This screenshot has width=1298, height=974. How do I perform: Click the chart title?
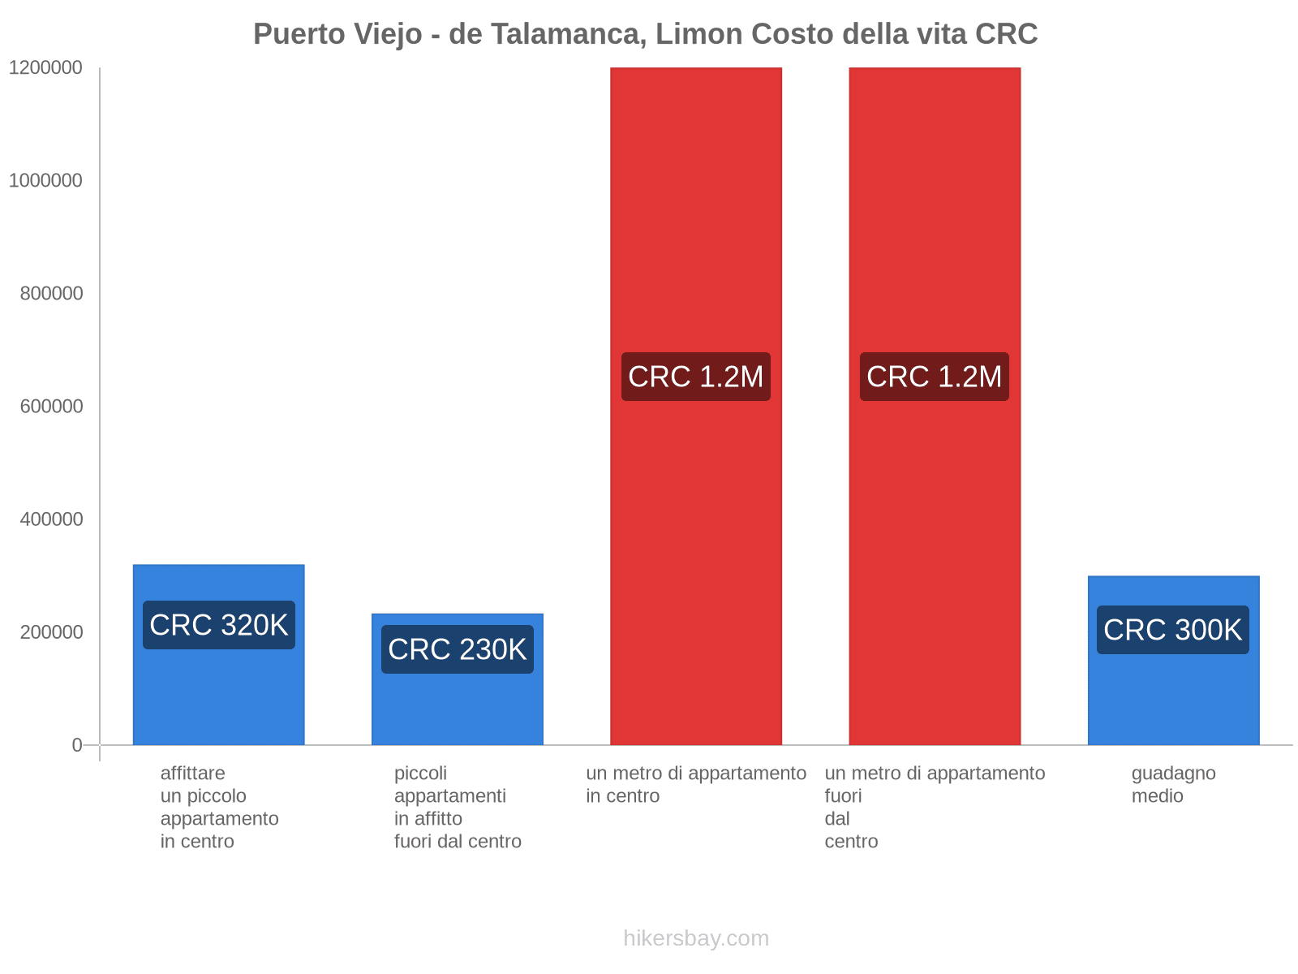(x=645, y=34)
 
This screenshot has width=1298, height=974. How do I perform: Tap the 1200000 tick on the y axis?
(x=45, y=68)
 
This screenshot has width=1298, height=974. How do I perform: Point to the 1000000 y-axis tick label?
(x=45, y=181)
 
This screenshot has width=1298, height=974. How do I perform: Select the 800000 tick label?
(x=51, y=294)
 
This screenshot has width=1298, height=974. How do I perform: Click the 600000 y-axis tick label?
(x=51, y=407)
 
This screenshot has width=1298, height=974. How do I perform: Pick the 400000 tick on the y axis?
(x=51, y=519)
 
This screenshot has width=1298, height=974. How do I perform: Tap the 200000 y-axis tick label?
(x=51, y=632)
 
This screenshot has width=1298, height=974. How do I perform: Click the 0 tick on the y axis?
(x=77, y=745)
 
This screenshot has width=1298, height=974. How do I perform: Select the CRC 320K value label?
(x=219, y=625)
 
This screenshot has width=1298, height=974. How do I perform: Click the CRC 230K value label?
(x=458, y=649)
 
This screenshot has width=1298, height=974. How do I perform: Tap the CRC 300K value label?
(x=1173, y=630)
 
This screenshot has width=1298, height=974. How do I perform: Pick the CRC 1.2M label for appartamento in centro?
(x=696, y=377)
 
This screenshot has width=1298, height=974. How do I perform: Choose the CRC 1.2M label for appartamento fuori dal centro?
(x=935, y=377)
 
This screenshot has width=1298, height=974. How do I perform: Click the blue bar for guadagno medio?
(x=1173, y=698)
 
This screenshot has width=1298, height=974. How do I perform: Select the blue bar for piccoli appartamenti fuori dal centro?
(x=458, y=706)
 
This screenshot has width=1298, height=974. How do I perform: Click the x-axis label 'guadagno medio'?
(x=1173, y=785)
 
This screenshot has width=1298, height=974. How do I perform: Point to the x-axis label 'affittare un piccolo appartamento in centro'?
(x=219, y=808)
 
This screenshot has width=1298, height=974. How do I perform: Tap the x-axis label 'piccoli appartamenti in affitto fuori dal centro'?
(x=458, y=808)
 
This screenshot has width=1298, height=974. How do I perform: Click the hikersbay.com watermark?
(x=696, y=938)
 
